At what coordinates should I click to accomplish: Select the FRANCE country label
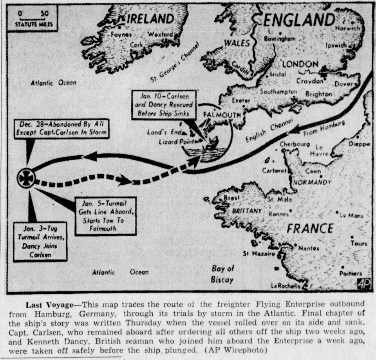click(x=310, y=228)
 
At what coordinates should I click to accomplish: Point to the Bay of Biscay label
click(x=222, y=274)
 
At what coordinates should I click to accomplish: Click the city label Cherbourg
click(x=295, y=144)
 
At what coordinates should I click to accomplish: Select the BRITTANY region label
click(x=247, y=211)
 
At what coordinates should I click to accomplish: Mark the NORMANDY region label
click(x=312, y=182)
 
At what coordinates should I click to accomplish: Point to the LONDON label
click(x=300, y=64)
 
